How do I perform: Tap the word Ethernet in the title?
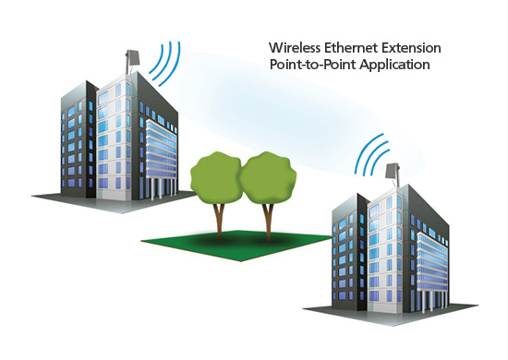350,47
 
